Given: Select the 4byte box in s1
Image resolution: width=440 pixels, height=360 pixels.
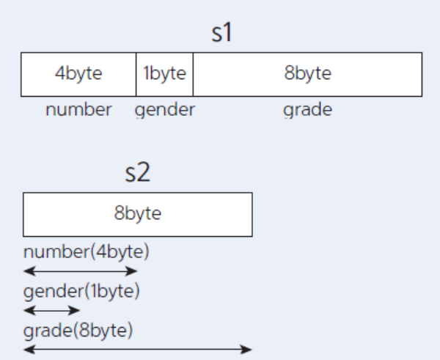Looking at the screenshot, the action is [78, 74].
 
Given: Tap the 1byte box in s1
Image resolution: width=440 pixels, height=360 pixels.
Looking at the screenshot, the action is [165, 74].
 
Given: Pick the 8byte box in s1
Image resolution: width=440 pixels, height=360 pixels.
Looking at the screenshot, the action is [307, 74].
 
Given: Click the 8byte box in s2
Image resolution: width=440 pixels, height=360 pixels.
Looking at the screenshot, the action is [138, 214].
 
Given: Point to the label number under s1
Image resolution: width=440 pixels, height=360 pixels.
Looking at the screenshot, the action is [78, 111].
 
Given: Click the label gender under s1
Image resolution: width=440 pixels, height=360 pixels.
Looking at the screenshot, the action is [165, 111].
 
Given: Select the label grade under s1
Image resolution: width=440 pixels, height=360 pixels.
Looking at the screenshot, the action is [307, 111].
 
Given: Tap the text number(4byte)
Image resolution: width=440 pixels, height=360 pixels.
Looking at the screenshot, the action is [86, 253].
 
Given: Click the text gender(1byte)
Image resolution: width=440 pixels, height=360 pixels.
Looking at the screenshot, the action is [81, 291].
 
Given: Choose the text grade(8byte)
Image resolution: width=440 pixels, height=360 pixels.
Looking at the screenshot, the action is [78, 330].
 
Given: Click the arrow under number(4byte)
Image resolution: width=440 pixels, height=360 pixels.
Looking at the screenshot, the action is [81, 271].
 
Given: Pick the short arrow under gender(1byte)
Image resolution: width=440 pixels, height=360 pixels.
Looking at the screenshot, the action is [51, 310].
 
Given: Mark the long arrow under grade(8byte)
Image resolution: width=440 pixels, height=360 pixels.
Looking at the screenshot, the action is [138, 349].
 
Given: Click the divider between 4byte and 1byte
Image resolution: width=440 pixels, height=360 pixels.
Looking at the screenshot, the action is [136, 74].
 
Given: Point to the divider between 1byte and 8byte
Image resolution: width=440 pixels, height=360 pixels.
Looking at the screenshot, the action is [194, 74].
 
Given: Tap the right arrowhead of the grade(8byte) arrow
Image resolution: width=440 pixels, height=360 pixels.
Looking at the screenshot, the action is [248, 349].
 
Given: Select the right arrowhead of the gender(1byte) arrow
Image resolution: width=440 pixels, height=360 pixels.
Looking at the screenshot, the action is [76, 310].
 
